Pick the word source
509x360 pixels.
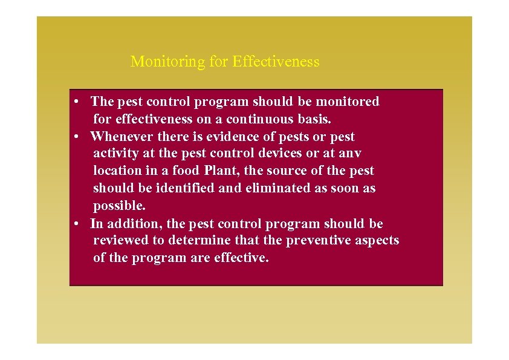point(287,171)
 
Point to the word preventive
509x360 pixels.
point(323,240)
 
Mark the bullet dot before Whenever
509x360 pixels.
point(78,137)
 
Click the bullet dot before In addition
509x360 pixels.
point(78,224)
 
